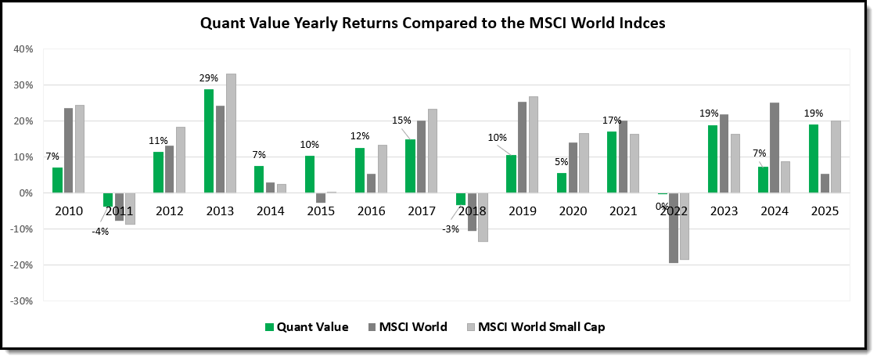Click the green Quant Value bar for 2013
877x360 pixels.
pyautogui.click(x=209, y=141)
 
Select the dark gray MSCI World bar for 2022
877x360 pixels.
pyautogui.click(x=673, y=228)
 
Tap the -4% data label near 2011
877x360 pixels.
pyautogui.click(x=99, y=232)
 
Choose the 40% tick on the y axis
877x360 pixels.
pyautogui.click(x=23, y=49)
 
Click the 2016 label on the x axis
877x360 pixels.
pyautogui.click(x=372, y=212)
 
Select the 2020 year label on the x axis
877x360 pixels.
pyautogui.click(x=573, y=212)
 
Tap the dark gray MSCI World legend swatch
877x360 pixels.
pyautogui.click(x=372, y=327)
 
